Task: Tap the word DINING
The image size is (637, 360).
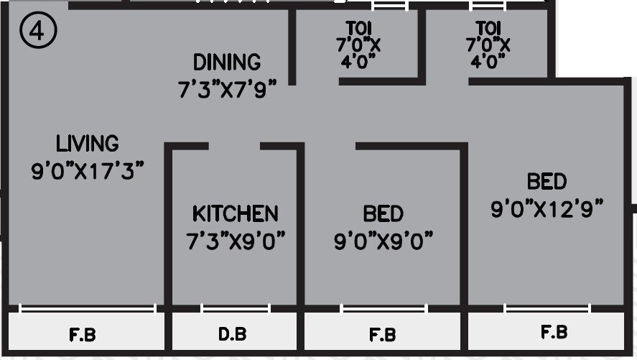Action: click(226, 62)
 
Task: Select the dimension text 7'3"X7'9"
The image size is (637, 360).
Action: click(226, 91)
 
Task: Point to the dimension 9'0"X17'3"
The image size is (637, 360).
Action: click(88, 172)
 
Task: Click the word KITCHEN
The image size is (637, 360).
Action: click(235, 213)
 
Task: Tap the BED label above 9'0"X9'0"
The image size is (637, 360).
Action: click(383, 213)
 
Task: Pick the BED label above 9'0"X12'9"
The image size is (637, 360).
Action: click(547, 180)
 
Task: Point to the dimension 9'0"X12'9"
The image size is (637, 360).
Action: click(547, 209)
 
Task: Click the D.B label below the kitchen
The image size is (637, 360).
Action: click(233, 335)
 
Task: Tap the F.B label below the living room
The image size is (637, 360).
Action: click(82, 335)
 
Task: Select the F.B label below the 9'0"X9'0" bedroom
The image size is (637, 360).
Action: click(382, 335)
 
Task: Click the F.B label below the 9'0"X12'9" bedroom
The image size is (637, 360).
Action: click(553, 333)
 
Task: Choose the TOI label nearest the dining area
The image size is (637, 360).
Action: click(359, 28)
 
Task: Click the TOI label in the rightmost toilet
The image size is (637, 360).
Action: click(488, 28)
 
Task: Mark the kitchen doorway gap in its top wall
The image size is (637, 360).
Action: click(234, 146)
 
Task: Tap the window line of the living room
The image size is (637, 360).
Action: click(88, 309)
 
